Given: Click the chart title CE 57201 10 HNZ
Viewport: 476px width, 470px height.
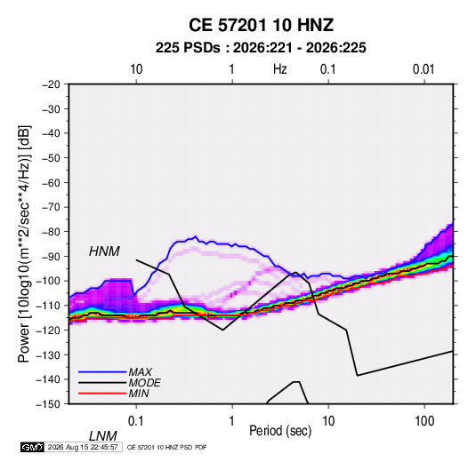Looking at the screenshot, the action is click(x=261, y=25).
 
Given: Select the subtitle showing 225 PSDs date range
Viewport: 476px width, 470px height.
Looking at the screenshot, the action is click(x=261, y=48).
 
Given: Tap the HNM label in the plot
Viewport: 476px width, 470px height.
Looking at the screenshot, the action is click(x=104, y=251).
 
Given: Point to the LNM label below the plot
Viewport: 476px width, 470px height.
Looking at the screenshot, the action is click(x=102, y=436).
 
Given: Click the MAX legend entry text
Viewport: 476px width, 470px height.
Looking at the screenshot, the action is click(x=141, y=371).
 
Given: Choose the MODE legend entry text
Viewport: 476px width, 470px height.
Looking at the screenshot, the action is click(x=144, y=383).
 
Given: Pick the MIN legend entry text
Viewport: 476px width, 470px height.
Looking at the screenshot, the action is click(x=139, y=394).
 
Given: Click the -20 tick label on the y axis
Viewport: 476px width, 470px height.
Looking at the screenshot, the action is click(x=51, y=84).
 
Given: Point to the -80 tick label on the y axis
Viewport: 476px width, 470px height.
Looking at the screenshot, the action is click(x=51, y=232).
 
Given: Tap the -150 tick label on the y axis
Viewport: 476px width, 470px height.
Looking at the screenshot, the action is click(x=48, y=404).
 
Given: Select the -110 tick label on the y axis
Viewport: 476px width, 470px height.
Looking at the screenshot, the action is click(x=48, y=306).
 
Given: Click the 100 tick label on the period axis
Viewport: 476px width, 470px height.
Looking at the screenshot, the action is click(x=424, y=421).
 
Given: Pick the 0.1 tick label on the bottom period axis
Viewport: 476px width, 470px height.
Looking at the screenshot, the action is click(x=136, y=421).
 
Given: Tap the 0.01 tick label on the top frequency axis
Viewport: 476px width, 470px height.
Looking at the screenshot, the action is click(x=424, y=69).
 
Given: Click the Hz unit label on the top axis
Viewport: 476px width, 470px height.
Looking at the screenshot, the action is click(x=280, y=69).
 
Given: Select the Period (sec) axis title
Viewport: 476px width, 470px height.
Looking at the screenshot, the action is click(x=280, y=431).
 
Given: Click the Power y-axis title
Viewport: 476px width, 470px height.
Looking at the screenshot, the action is click(x=24, y=244).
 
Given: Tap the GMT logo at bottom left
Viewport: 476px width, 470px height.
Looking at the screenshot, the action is click(x=32, y=447).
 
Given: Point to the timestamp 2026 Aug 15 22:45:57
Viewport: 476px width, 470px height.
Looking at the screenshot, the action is click(x=83, y=447).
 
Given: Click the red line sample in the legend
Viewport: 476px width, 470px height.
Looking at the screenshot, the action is click(x=102, y=394).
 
